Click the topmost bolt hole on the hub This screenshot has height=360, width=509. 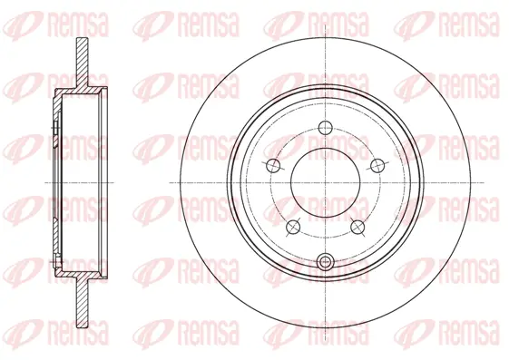click(x=325, y=127)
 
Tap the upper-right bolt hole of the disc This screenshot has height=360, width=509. click(x=376, y=164)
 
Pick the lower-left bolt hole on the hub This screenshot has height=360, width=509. click(x=292, y=226)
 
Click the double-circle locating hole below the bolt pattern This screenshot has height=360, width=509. click(x=325, y=263)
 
